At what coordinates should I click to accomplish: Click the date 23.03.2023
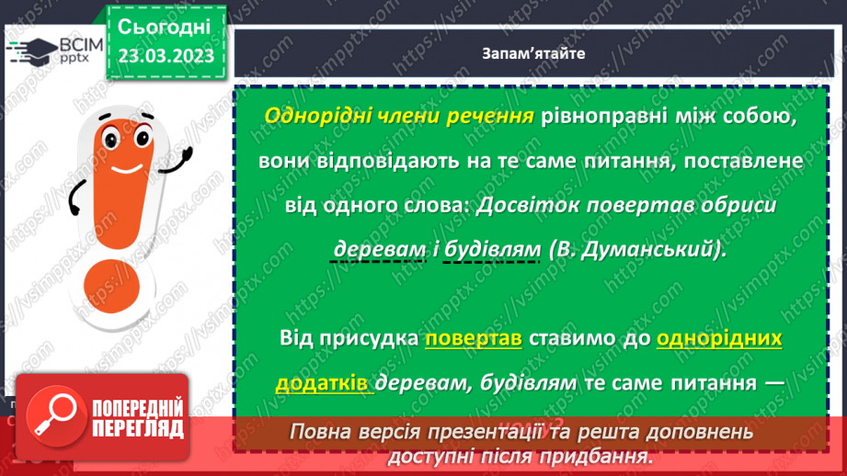tap(166, 56)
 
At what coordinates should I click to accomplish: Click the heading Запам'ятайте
tap(532, 53)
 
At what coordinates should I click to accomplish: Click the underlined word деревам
tap(378, 249)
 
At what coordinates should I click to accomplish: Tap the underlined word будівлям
tap(491, 249)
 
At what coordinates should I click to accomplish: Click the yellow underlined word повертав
tap(474, 338)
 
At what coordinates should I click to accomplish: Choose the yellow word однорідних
tap(719, 338)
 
